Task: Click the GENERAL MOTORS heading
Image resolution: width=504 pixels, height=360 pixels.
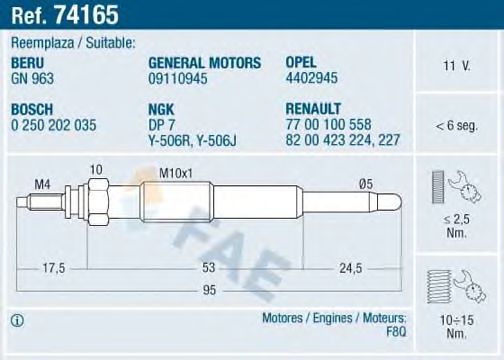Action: (204, 62)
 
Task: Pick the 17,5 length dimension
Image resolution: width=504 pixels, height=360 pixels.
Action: (55, 267)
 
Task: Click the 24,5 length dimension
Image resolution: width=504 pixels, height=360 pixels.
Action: (349, 267)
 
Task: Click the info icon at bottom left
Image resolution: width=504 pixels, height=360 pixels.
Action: (18, 321)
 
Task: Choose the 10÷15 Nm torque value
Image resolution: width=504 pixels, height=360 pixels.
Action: (456, 325)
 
